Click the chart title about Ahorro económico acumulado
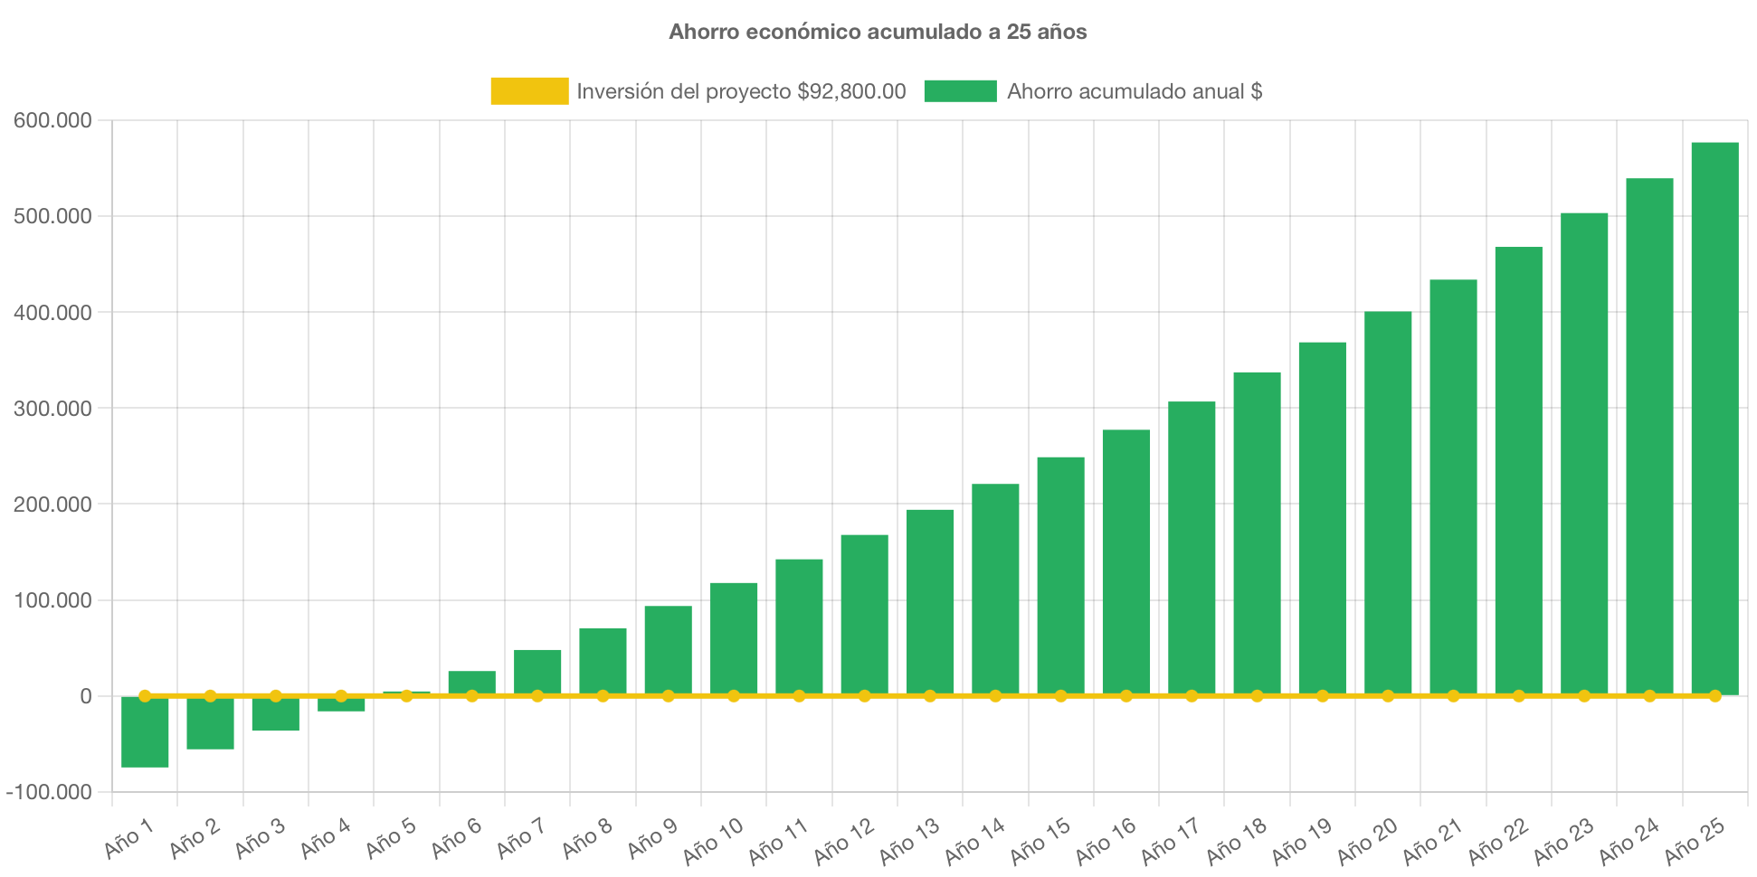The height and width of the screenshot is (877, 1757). coord(878,32)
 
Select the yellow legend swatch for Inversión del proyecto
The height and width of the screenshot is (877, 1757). coord(529,91)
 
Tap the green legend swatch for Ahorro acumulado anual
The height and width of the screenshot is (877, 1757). coord(960,91)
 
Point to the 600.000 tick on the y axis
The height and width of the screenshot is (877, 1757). coord(52,121)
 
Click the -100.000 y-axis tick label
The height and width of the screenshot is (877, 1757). coord(49,793)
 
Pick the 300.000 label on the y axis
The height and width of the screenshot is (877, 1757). coord(52,410)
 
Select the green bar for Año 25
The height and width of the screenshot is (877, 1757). coord(1714,416)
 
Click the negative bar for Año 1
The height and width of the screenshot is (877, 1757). coord(145,732)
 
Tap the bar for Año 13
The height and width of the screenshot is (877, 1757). coord(930,601)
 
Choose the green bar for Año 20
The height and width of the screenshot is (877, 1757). coord(1388,502)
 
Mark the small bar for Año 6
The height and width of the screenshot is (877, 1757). coord(471,682)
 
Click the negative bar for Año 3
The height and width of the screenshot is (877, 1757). coord(275,714)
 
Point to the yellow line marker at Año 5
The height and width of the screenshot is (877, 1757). coord(406,696)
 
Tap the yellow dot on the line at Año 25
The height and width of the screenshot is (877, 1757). coord(1714,696)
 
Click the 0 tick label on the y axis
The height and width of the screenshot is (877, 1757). coord(85,697)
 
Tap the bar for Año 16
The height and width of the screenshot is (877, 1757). coord(1126,561)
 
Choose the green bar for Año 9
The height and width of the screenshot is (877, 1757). coord(668,649)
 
